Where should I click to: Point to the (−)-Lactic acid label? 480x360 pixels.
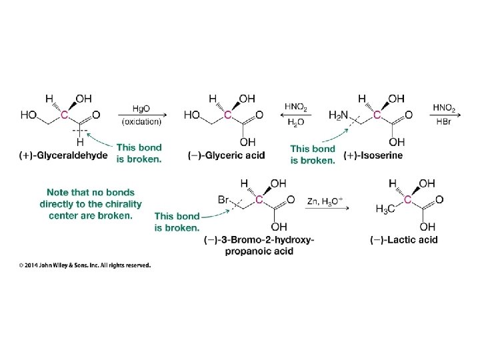[405, 240]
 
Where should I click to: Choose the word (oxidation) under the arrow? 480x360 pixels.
[141, 121]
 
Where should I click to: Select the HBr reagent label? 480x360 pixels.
[444, 121]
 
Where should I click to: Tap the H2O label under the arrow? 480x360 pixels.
[295, 121]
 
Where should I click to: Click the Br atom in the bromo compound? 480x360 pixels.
[224, 199]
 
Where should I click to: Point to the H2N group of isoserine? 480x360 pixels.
[339, 115]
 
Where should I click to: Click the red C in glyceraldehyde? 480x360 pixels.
[65, 115]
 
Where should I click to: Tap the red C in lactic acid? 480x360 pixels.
[408, 199]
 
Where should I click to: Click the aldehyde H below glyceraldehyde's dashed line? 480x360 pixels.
[80, 142]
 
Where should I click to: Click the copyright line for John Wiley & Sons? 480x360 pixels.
[84, 265]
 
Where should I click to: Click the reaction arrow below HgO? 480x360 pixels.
[141, 114]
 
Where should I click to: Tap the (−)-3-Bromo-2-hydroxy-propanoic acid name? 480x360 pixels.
[259, 245]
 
